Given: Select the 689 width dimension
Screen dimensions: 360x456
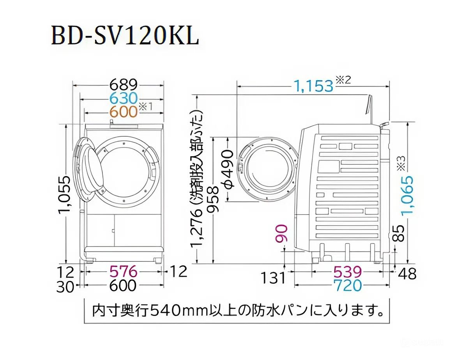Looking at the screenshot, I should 124,85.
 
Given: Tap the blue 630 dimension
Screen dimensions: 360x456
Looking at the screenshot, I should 124,98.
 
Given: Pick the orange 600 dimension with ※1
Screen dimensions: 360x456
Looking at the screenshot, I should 124,112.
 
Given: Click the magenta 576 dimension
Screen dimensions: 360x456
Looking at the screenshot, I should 123,271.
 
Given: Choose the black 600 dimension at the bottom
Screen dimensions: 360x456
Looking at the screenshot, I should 123,286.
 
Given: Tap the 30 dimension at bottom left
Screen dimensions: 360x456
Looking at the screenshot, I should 65,287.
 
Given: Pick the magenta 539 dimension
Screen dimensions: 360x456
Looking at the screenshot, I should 347,272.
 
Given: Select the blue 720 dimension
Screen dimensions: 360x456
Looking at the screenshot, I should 347,286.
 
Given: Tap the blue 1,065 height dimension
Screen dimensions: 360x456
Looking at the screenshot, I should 407,195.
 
